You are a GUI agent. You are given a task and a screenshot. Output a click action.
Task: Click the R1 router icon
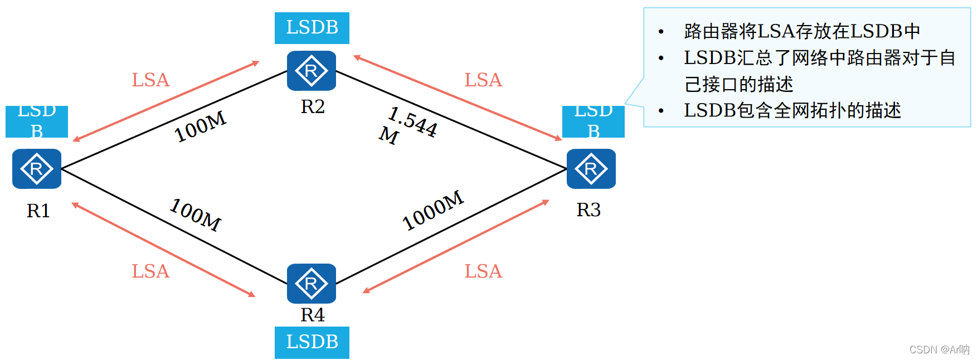click(37, 169)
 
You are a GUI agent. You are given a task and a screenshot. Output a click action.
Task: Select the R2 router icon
click(312, 71)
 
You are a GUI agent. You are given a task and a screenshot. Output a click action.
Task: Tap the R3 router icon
click(591, 169)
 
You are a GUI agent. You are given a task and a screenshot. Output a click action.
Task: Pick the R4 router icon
click(312, 284)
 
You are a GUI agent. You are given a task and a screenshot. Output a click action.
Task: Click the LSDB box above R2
click(312, 28)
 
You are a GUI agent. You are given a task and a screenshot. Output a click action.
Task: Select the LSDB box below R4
click(312, 342)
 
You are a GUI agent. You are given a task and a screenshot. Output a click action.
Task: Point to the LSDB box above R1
click(37, 121)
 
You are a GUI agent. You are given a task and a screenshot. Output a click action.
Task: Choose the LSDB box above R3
click(593, 121)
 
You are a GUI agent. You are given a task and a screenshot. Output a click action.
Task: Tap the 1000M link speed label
click(433, 210)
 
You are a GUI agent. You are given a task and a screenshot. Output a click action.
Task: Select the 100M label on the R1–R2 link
click(200, 127)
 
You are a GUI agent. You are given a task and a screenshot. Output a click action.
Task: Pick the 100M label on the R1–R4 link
click(196, 215)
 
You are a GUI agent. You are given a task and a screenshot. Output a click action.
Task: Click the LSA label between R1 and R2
click(150, 80)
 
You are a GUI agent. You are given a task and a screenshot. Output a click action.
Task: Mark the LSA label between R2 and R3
click(483, 80)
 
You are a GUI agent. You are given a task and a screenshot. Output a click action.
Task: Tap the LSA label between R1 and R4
click(150, 271)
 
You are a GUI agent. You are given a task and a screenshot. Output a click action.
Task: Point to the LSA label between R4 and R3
click(483, 271)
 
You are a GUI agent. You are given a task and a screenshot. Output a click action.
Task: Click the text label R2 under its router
click(313, 106)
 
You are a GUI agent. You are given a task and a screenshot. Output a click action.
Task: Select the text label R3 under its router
click(588, 210)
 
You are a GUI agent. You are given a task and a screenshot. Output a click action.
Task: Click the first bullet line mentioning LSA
click(801, 31)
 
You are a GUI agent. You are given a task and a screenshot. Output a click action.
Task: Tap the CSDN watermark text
click(940, 349)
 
